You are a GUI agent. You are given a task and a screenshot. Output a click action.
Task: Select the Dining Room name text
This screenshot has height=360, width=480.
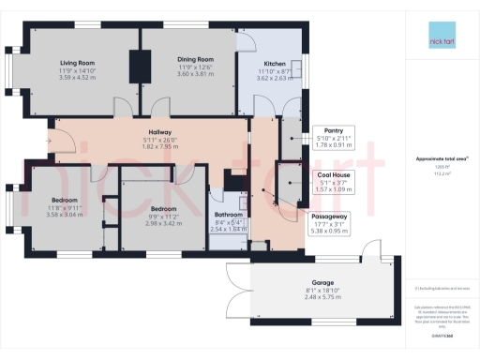tap(195, 59)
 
